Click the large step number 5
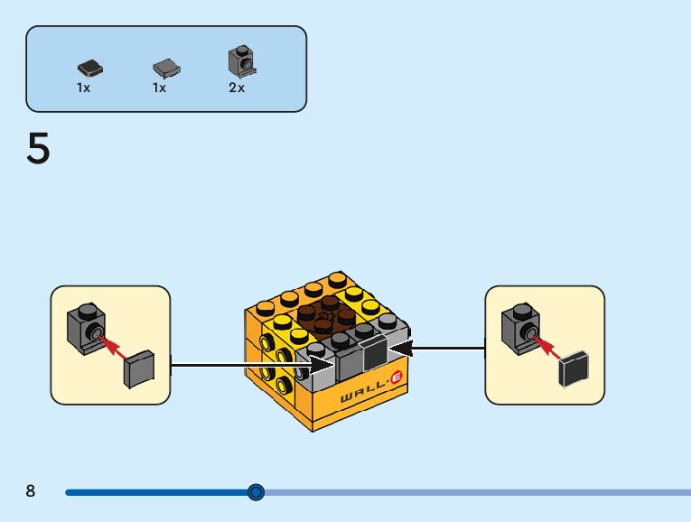point(38,149)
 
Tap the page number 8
point(31,491)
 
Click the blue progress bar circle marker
point(257,492)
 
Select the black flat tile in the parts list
point(89,67)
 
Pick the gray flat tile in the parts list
point(166,68)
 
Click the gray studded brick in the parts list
point(240,61)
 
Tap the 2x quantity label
point(237,89)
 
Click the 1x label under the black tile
point(84,89)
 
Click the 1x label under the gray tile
point(160,89)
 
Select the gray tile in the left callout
point(138,370)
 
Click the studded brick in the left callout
point(85,327)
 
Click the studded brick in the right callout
point(520,327)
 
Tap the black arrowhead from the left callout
point(322,365)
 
